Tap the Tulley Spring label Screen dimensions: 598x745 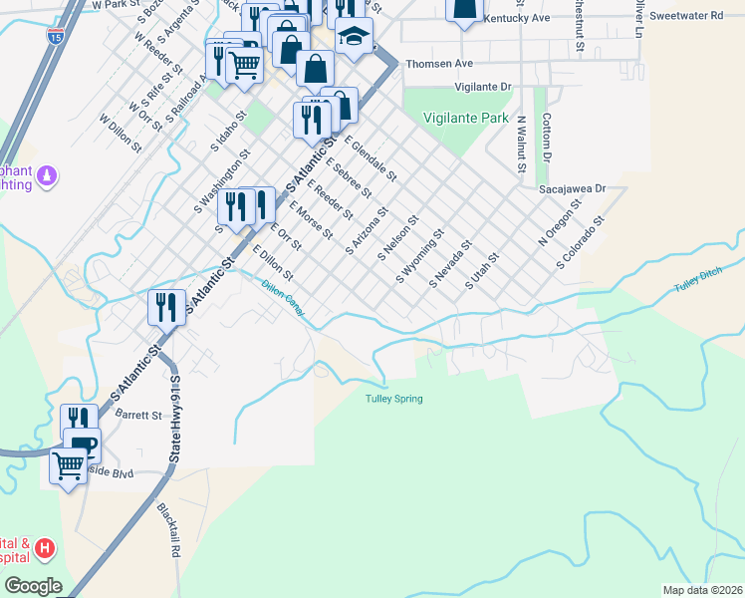[x=393, y=399]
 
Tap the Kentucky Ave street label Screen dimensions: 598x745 [x=515, y=19]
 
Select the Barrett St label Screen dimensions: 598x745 [x=137, y=414]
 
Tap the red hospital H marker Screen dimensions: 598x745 [x=44, y=547]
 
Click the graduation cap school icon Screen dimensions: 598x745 [x=354, y=37]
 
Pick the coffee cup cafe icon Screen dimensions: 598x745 [x=82, y=444]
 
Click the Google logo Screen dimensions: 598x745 [x=32, y=586]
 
